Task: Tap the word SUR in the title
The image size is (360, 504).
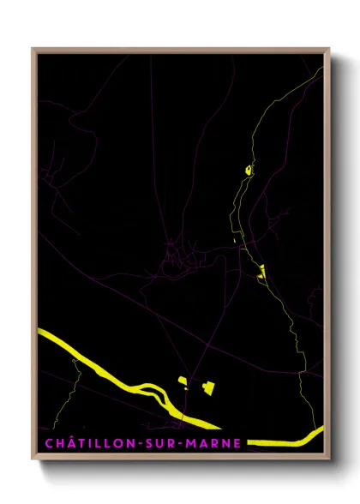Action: point(158,443)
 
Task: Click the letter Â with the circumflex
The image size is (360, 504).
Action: point(68,443)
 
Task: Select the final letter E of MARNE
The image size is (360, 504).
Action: point(237,443)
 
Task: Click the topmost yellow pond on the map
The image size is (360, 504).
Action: point(248,169)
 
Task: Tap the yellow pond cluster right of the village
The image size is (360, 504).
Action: point(261,273)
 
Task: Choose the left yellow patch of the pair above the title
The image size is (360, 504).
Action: point(182,381)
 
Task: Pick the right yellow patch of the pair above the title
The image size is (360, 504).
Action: point(207,388)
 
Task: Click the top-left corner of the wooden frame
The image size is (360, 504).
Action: point(33,49)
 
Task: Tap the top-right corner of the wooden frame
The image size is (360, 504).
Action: point(329,49)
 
